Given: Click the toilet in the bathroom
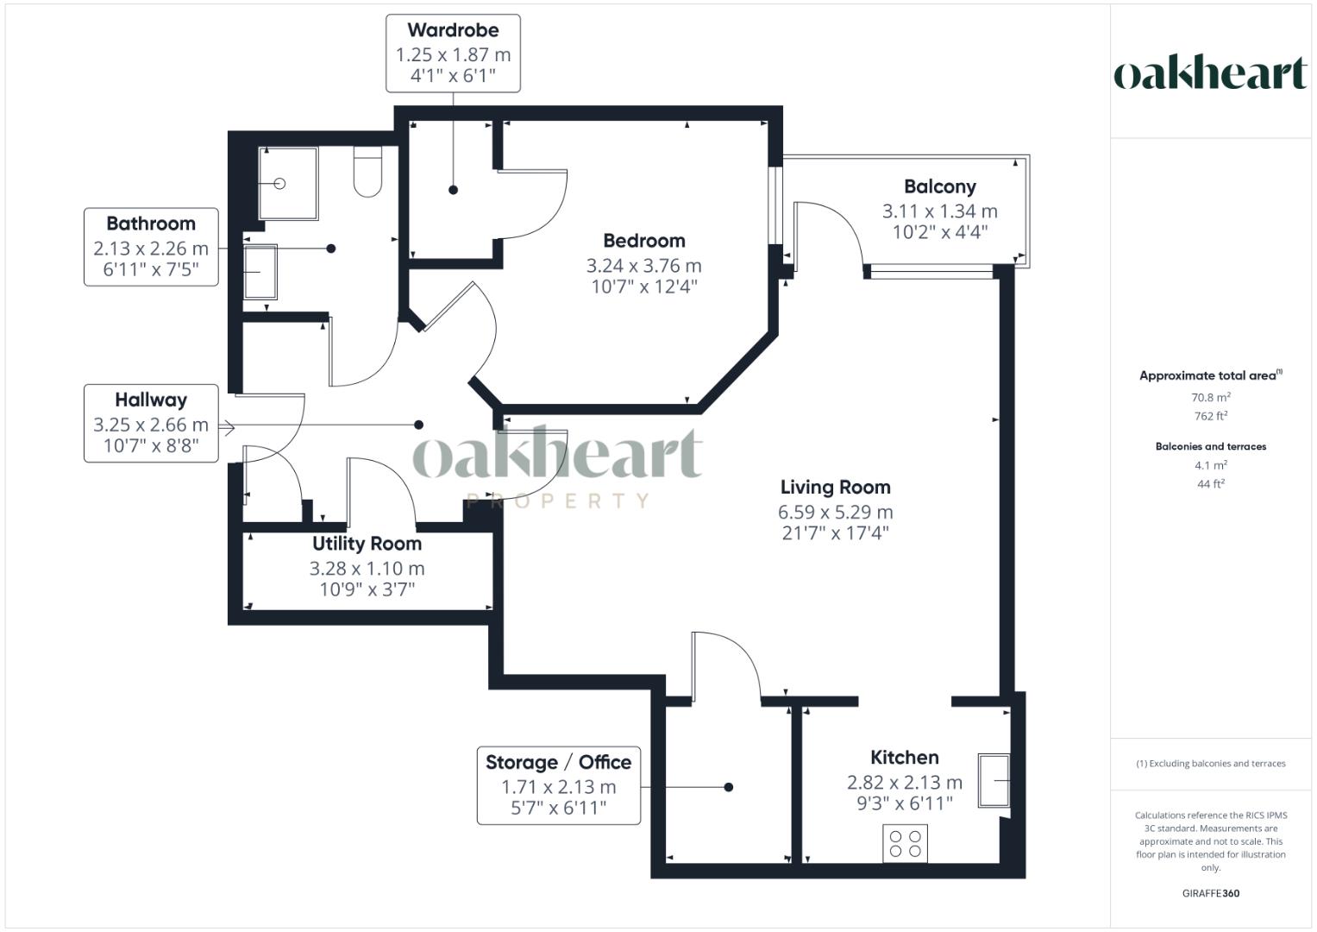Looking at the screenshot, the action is (x=368, y=171).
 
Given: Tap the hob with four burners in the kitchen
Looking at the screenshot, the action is (x=906, y=844).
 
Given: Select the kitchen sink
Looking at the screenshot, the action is (x=994, y=780).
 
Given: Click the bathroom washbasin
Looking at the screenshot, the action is (x=260, y=272).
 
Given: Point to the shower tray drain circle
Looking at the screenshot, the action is (x=280, y=184).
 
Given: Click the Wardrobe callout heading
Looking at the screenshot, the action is (x=454, y=30).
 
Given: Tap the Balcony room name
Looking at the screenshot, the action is (x=940, y=186).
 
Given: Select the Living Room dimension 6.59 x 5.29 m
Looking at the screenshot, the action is (x=836, y=512).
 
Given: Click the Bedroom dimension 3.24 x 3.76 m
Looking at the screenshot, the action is (x=643, y=266).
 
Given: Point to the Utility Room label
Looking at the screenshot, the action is (x=367, y=544).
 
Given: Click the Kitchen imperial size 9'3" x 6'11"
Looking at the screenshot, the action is (x=905, y=803).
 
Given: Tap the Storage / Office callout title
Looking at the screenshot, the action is (x=559, y=763).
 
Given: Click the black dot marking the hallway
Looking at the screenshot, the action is (x=418, y=425).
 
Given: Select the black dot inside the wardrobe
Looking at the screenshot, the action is (x=454, y=190).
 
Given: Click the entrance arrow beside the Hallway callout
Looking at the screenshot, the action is (x=227, y=428).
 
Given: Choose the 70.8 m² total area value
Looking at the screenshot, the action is (x=1211, y=397).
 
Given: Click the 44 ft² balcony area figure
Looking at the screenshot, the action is (x=1211, y=484).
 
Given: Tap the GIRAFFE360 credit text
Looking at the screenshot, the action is (x=1211, y=893).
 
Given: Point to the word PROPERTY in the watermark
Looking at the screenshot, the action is (x=557, y=501).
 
